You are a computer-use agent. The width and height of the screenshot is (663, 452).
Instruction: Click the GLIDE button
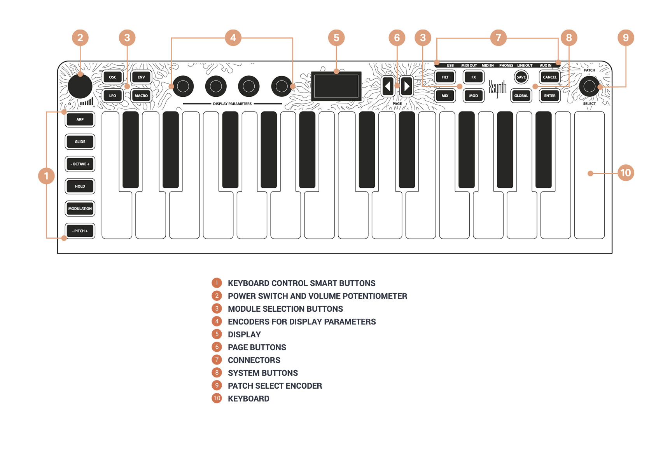[80, 142]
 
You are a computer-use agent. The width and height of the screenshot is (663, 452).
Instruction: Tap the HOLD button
[80, 187]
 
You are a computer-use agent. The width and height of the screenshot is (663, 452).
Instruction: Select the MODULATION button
[80, 209]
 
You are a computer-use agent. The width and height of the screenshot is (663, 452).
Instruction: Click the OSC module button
[112, 77]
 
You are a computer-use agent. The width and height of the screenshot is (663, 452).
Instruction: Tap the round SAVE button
[521, 77]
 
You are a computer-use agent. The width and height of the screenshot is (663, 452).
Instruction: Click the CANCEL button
[549, 77]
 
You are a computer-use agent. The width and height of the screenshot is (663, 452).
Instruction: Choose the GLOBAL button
[521, 96]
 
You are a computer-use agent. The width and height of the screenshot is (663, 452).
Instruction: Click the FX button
[473, 77]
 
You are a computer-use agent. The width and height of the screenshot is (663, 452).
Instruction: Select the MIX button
[445, 96]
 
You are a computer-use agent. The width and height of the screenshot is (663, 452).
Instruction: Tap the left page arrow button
[388, 86]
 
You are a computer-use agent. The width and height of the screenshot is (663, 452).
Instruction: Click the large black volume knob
[80, 86]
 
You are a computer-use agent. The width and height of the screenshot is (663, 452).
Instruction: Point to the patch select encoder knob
[589, 86]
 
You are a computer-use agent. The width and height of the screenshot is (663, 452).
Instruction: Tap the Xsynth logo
[497, 88]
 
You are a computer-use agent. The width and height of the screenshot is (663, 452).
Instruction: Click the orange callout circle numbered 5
[336, 38]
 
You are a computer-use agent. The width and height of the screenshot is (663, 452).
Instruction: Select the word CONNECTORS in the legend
[254, 360]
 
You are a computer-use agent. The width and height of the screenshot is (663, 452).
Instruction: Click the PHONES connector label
[506, 66]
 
